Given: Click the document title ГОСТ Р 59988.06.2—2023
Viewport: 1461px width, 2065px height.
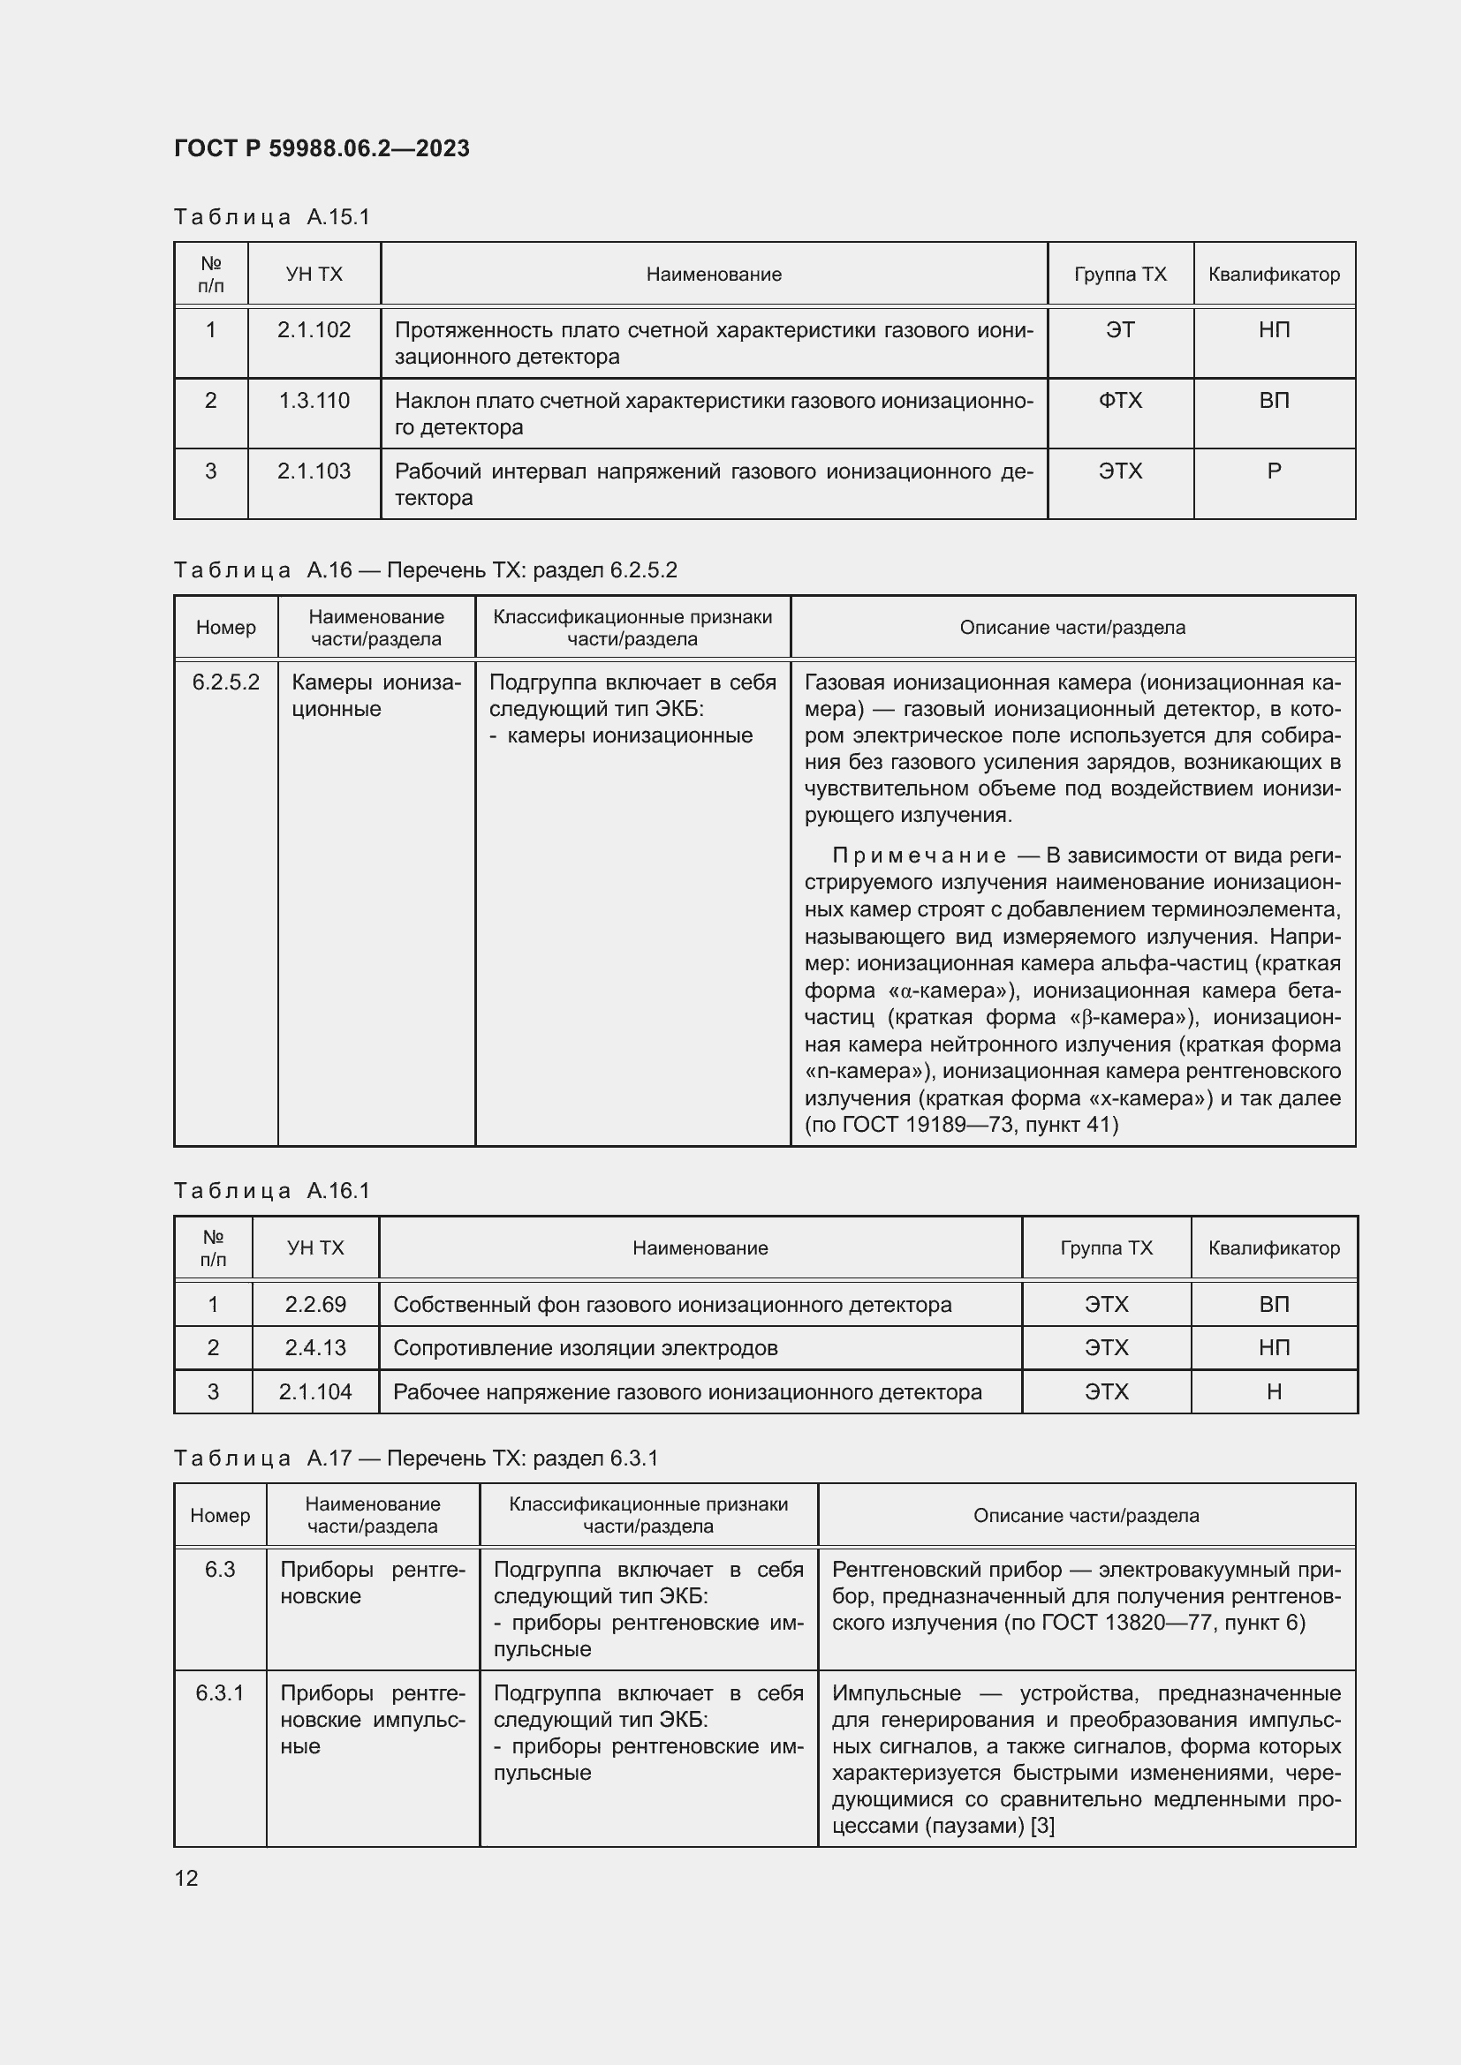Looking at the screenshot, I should (322, 148).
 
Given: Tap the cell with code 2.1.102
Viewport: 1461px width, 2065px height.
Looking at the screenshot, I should (314, 330).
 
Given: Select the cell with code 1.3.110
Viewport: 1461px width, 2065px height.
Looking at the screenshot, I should (314, 400).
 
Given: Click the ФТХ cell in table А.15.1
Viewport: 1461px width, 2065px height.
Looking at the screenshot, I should (1120, 400).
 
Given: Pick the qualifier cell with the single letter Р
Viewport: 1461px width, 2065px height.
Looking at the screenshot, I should (1274, 471).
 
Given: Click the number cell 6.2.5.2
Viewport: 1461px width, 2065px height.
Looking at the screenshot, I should (226, 682).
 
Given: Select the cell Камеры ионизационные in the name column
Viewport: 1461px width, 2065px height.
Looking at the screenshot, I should (376, 695).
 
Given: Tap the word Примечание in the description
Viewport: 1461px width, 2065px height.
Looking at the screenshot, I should (919, 855).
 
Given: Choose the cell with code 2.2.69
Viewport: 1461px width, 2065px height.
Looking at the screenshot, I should (314, 1304).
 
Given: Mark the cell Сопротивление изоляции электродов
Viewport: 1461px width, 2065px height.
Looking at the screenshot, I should (586, 1347).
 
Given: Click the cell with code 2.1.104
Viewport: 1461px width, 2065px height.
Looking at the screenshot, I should (314, 1391).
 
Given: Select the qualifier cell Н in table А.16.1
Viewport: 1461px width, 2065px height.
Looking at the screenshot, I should (1274, 1391).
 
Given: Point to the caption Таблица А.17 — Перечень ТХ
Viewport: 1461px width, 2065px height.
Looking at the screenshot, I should (415, 1458).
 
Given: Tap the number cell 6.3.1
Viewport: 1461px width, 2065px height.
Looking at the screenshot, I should (220, 1692).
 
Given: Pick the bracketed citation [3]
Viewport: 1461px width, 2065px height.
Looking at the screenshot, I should (1041, 1826).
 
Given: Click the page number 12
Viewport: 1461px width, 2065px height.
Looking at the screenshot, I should (186, 1878).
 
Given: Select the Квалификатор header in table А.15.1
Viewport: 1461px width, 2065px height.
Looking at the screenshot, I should (1274, 275).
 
